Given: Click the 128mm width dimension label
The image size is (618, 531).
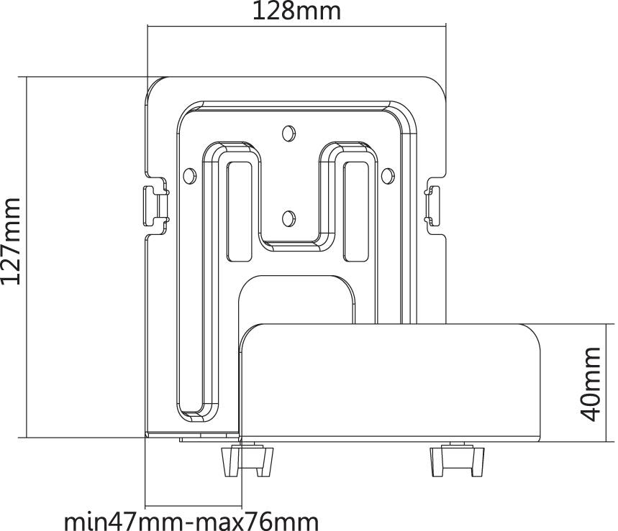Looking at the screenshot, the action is tap(296, 11).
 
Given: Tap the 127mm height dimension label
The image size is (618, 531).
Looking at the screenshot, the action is tap(11, 241).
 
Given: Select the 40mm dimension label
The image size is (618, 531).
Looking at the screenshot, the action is tap(591, 384).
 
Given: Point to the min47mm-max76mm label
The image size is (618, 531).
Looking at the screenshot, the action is tap(191, 522).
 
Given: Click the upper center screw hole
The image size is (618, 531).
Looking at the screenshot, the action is tap(289, 134).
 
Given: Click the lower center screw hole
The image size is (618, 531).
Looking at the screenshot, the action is tap(289, 218).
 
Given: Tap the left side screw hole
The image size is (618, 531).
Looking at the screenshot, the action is tap(190, 175).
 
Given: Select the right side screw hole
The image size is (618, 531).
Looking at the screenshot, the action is tap(388, 175).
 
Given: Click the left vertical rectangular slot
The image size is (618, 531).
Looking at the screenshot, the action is tap(240, 212).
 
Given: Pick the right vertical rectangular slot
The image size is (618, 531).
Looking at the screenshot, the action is tap(355, 212).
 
